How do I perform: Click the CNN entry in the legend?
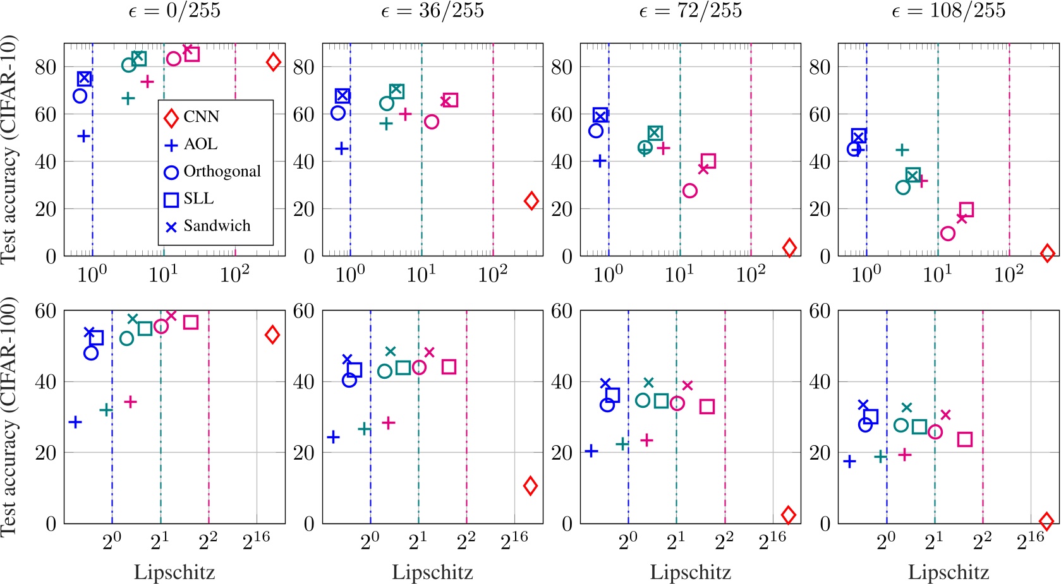tap(201, 117)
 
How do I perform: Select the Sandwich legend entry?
tap(216, 226)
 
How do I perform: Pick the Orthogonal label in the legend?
tap(222, 172)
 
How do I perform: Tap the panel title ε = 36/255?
tap(432, 11)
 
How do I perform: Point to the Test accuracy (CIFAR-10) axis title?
tap(9, 150)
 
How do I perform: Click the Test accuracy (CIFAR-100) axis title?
tap(9, 417)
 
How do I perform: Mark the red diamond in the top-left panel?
tap(273, 62)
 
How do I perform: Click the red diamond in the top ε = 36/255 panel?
tap(531, 201)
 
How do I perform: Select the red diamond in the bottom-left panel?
tap(272, 335)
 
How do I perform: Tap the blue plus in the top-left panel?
tap(83, 136)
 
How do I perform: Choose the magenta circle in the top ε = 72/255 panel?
tap(689, 190)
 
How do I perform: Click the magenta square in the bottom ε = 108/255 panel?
tap(964, 439)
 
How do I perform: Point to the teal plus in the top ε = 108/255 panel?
tap(902, 150)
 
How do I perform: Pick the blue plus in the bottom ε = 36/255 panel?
tap(333, 436)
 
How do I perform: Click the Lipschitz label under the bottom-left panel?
tap(174, 573)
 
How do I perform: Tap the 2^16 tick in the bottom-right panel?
tap(1030, 541)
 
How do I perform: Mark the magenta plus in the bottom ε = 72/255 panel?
tap(646, 439)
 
